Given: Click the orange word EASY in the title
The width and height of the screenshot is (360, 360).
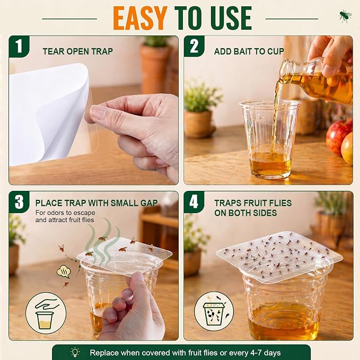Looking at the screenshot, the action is tap(141, 19).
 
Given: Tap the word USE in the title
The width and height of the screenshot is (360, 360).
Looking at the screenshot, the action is tap(231, 19).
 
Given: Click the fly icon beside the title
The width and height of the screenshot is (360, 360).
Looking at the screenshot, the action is tap(345, 15).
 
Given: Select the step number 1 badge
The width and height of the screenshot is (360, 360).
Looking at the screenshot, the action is tap(19, 46).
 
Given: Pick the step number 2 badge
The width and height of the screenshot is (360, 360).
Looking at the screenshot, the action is tap(194, 46).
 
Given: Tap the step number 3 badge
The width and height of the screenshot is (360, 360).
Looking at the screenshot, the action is tap(19, 201).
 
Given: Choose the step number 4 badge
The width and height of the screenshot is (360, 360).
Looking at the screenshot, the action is tap(194, 202).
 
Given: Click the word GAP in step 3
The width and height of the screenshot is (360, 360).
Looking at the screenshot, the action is tap(149, 203).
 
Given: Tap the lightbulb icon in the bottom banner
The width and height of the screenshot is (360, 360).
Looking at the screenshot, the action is tap(75, 352).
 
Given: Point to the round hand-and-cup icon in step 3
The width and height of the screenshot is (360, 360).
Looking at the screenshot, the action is tap(46, 313).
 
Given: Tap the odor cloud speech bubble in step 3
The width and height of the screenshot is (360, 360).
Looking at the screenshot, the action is tap(64, 272).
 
